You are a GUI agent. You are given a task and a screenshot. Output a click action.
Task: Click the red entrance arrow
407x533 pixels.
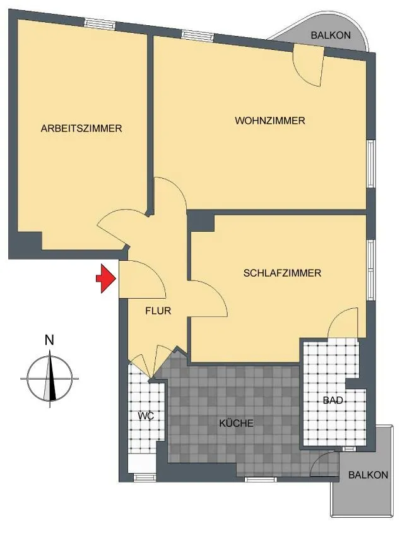pyautogui.click(x=107, y=278)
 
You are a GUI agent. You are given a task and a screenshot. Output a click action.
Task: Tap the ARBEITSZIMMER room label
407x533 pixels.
pyautogui.click(x=81, y=128)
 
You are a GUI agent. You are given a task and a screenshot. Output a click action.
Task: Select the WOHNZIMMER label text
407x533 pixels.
pyautogui.click(x=269, y=121)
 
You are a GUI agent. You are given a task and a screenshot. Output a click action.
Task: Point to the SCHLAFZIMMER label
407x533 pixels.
pyautogui.click(x=282, y=273)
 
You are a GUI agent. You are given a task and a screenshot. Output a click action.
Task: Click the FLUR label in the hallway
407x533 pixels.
pyautogui.click(x=158, y=310)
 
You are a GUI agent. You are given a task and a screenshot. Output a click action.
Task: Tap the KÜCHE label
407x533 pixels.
pyautogui.click(x=236, y=423)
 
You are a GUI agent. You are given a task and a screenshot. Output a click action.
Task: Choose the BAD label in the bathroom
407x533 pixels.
pyautogui.click(x=333, y=400)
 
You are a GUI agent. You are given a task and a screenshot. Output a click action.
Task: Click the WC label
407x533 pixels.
pyautogui.click(x=146, y=416)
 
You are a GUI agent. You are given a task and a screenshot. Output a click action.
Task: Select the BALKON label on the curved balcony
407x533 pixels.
pyautogui.click(x=331, y=35)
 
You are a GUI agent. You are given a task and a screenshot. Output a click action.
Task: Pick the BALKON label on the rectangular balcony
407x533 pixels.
pyautogui.click(x=369, y=474)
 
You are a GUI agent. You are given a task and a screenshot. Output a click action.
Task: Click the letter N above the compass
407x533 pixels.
pyautogui.click(x=50, y=340)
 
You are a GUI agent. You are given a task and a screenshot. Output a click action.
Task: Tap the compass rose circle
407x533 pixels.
pyautogui.click(x=50, y=378)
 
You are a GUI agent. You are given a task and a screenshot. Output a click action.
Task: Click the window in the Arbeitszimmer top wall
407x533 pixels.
pyautogui.click(x=100, y=23)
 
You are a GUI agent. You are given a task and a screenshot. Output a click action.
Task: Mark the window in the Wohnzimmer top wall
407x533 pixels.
pyautogui.click(x=197, y=35)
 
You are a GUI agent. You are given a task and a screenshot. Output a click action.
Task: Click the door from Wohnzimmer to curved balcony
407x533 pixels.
pyautogui.click(x=308, y=66)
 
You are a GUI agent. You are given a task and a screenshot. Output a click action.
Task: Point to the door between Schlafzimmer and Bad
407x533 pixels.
pyautogui.click(x=343, y=323)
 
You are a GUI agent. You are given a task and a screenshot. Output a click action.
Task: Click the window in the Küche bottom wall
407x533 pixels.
pyautogui.click(x=261, y=479)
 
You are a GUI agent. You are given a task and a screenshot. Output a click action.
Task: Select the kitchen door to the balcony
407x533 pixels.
pyautogui.click(x=325, y=464)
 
